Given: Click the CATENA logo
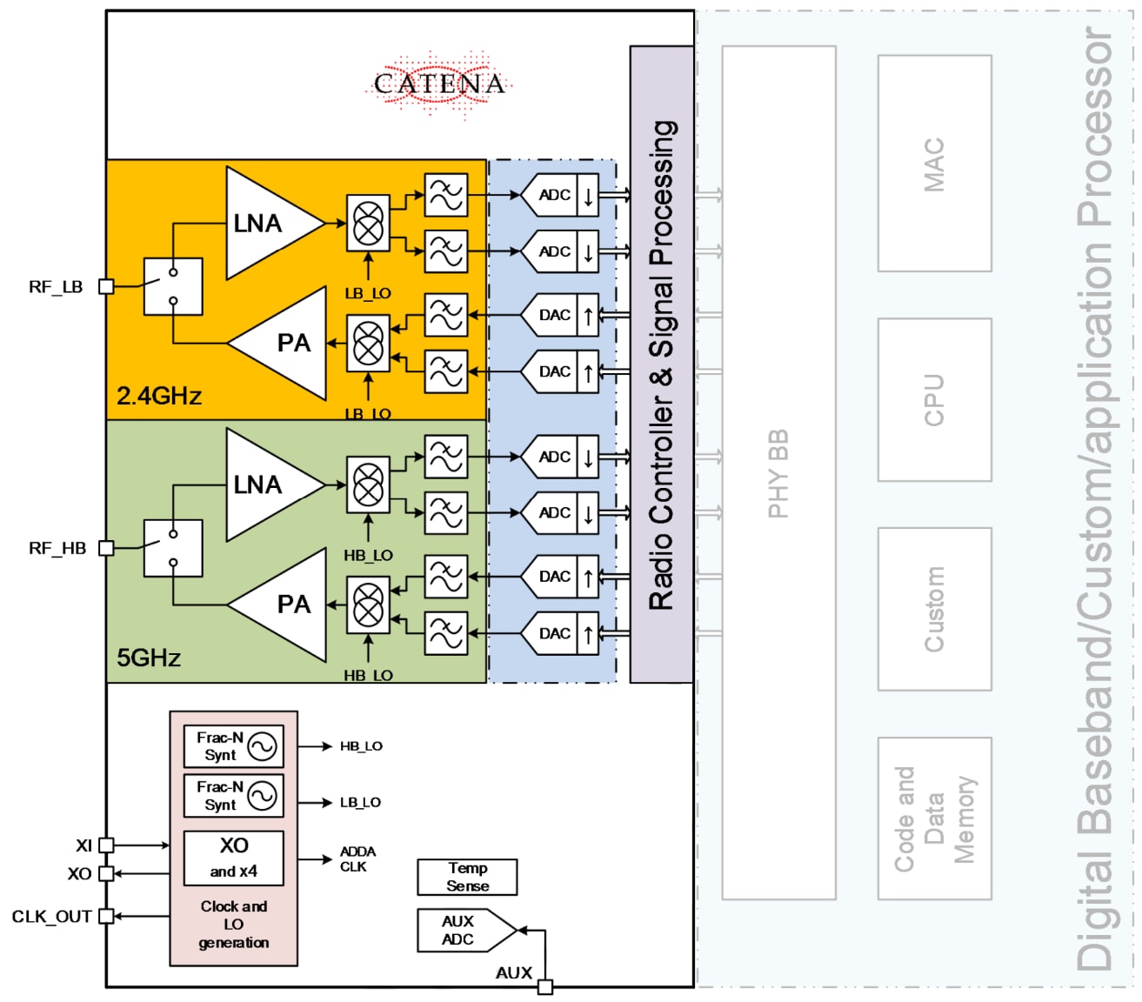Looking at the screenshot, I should (x=439, y=84).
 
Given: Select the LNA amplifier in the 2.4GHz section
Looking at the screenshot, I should (x=265, y=224).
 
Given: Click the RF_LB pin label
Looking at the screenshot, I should (x=56, y=287).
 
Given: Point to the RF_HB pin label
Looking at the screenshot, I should (x=57, y=548).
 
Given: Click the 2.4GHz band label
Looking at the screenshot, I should (x=159, y=397).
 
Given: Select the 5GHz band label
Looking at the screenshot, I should (x=149, y=658).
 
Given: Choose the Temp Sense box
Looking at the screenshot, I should (x=467, y=877).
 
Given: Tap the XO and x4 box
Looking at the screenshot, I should (x=233, y=858).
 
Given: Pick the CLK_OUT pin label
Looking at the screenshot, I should (x=51, y=916).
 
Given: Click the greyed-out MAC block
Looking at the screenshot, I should (x=934, y=164).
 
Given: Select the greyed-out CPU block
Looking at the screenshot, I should (x=934, y=400).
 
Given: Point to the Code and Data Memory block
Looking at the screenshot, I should (x=934, y=818).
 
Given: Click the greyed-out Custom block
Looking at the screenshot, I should (x=934, y=609).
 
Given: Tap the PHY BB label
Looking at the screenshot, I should (x=778, y=473).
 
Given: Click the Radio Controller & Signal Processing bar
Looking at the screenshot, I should (x=662, y=365).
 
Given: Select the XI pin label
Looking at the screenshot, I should (x=83, y=845).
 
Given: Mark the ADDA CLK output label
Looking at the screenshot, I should (x=357, y=859).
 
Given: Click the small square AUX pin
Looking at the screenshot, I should (x=545, y=986).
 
